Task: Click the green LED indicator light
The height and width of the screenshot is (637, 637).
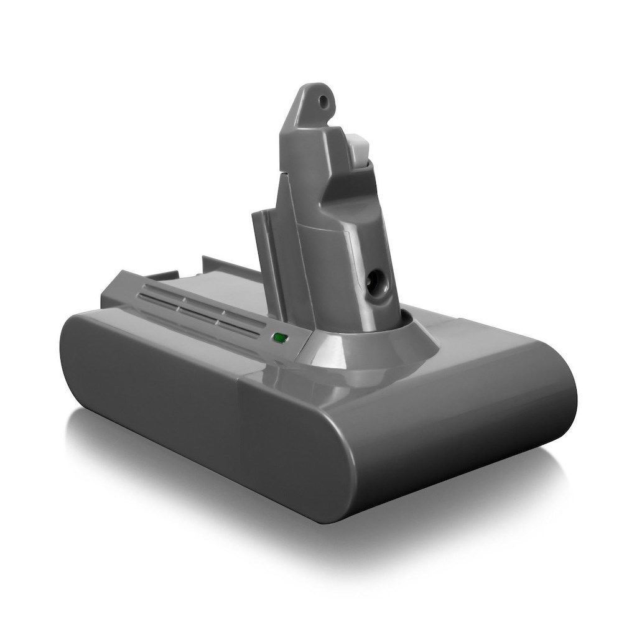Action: click(279, 339)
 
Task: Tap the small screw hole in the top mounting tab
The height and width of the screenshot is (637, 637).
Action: click(322, 98)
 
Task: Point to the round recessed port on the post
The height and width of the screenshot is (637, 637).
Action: click(375, 282)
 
